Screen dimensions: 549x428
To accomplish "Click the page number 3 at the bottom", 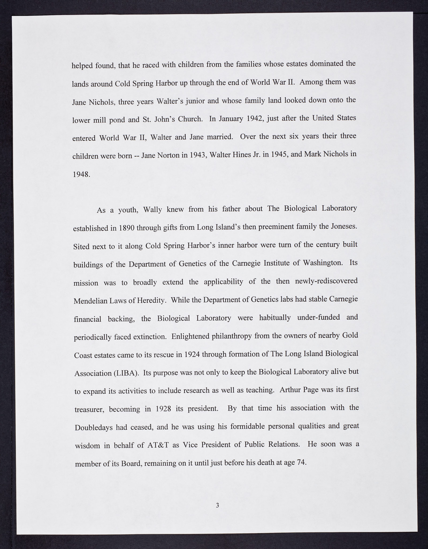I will [217, 505].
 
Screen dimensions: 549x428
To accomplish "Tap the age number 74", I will [301, 462].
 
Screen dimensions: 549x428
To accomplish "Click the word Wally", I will [152, 210].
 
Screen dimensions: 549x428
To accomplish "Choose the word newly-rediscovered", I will [326, 281].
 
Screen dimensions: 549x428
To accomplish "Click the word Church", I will [190, 119].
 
